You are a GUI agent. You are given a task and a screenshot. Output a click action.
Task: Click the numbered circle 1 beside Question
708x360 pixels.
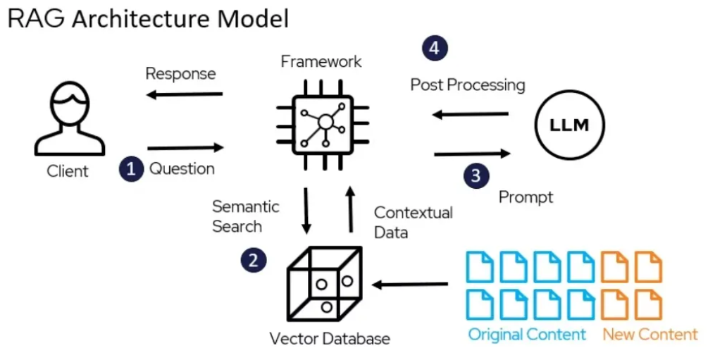coord(131,169)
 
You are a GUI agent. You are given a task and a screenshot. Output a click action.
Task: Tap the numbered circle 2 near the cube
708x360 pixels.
coord(254,260)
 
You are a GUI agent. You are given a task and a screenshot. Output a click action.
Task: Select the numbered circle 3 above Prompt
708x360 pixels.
coord(476,175)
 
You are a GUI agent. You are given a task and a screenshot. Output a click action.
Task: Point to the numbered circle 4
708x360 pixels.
coord(435,48)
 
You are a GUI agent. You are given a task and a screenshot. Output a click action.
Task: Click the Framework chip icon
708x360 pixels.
coord(324,122)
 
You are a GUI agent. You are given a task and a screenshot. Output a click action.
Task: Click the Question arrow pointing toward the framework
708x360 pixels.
coord(185,148)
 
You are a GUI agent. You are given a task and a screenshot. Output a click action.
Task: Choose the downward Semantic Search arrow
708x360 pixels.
coord(307,210)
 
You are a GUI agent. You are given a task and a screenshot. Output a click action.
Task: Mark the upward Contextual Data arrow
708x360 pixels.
coord(350,210)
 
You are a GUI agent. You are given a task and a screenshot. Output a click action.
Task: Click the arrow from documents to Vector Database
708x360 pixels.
coord(411,285)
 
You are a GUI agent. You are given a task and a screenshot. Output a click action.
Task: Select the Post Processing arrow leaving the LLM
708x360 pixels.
coord(470,113)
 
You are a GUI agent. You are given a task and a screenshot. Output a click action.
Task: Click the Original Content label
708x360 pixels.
coord(526,334)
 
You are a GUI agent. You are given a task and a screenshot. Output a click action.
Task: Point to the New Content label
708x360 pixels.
coord(650,334)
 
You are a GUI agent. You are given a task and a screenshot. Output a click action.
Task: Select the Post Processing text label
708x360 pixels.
coord(468,85)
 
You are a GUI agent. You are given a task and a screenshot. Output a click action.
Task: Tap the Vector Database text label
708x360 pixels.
coord(330,339)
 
